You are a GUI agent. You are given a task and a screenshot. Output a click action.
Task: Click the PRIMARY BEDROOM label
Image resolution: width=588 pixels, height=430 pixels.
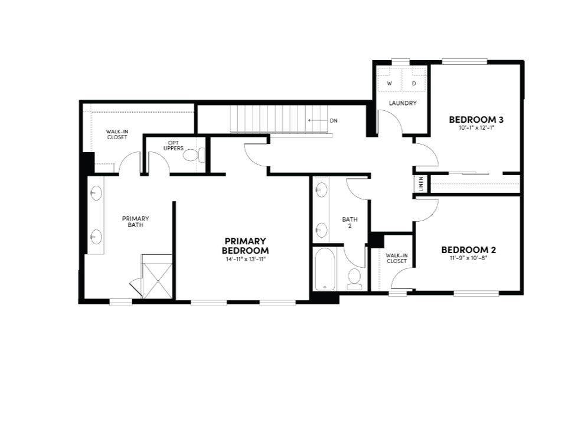click(x=245, y=245)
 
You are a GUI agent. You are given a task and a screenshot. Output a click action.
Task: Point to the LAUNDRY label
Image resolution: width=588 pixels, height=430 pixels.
click(x=403, y=103)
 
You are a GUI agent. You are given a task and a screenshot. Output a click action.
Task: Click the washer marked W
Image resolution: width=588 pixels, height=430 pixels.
click(x=390, y=84)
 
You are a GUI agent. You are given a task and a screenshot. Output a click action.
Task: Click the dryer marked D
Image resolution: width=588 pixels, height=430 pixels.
click(x=414, y=84)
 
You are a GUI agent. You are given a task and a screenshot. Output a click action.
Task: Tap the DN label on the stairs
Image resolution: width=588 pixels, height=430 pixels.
click(x=334, y=120)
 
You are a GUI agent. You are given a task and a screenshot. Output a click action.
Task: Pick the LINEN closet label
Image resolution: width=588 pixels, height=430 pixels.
click(x=421, y=184)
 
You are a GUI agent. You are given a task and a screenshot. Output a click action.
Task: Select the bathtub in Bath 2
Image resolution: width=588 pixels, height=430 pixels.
click(x=325, y=270)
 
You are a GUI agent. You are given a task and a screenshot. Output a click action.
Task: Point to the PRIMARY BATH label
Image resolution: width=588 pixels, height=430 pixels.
click(x=135, y=221)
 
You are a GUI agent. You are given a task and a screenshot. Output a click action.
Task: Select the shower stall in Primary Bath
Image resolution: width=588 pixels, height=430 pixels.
click(x=156, y=277)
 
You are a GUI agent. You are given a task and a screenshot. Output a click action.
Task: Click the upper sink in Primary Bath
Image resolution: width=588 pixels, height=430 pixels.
click(x=96, y=193)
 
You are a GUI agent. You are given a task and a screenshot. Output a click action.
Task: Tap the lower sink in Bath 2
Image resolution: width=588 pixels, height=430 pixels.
click(x=322, y=229)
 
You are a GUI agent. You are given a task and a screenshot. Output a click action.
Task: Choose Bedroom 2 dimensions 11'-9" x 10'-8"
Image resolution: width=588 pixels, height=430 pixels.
click(x=467, y=258)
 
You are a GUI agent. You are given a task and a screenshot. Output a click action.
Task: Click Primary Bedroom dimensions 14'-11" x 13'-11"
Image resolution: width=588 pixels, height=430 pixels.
click(x=245, y=259)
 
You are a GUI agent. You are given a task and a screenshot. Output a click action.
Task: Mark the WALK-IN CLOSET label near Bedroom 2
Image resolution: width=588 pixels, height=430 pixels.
click(x=396, y=258)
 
